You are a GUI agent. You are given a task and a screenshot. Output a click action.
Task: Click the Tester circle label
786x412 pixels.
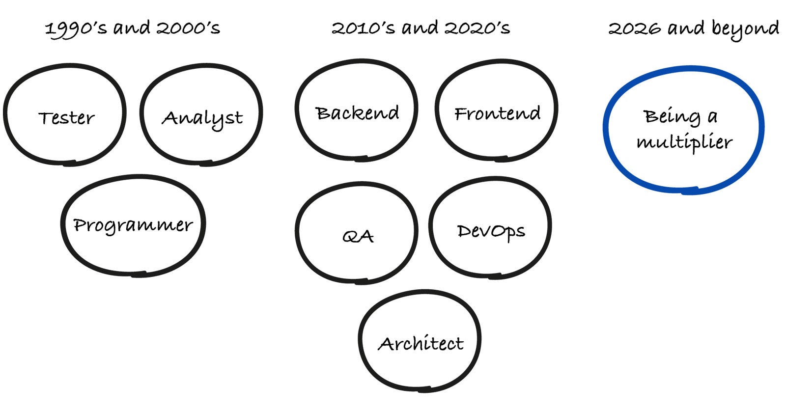click(66, 118)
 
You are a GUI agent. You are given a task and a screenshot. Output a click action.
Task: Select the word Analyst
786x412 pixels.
click(202, 118)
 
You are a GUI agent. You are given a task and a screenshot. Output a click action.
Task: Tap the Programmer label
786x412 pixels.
click(133, 225)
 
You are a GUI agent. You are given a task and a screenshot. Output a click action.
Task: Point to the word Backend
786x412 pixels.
click(357, 113)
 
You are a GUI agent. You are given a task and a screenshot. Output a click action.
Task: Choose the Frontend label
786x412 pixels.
click(497, 113)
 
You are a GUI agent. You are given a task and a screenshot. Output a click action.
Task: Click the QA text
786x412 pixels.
click(358, 237)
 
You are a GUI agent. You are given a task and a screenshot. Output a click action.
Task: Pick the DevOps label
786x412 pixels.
click(491, 231)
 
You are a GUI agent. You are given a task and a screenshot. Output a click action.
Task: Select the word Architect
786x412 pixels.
click(421, 343)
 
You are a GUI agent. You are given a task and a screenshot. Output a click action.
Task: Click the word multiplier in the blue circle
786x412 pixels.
click(684, 143)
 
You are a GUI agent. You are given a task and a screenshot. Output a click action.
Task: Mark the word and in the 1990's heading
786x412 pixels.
click(131, 28)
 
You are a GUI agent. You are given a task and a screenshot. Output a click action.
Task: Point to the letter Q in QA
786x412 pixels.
click(350, 237)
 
